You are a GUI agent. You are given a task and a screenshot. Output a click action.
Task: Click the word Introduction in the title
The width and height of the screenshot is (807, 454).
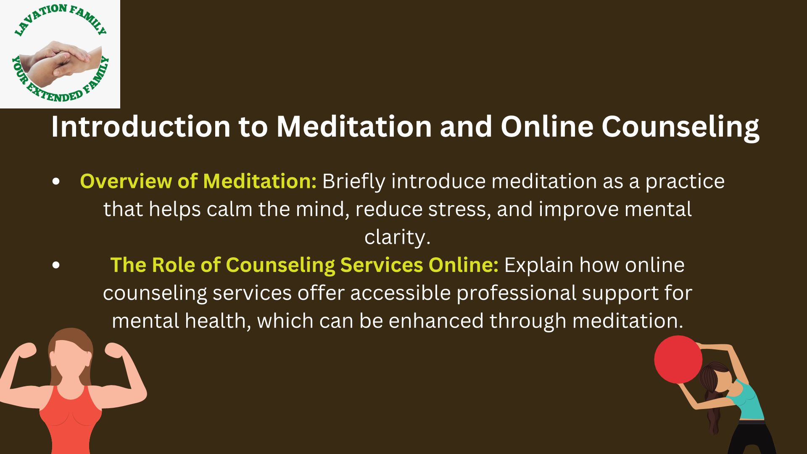[141, 126]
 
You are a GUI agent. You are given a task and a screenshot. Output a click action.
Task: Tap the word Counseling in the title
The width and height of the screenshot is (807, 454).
[680, 127]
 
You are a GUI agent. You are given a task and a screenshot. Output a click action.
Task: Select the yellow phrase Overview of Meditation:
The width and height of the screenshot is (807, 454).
[198, 181]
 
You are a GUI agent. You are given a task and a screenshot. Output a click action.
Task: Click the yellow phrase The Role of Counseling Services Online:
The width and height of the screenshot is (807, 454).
[304, 265]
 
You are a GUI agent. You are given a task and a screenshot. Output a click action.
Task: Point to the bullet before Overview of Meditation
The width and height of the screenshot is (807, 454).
[56, 182]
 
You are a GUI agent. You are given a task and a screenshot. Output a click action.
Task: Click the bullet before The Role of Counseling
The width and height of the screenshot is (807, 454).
[56, 265]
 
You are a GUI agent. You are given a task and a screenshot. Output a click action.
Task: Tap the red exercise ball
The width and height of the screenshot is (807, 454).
[678, 359]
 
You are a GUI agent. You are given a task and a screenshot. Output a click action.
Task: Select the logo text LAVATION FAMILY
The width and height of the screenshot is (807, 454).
[60, 19]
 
